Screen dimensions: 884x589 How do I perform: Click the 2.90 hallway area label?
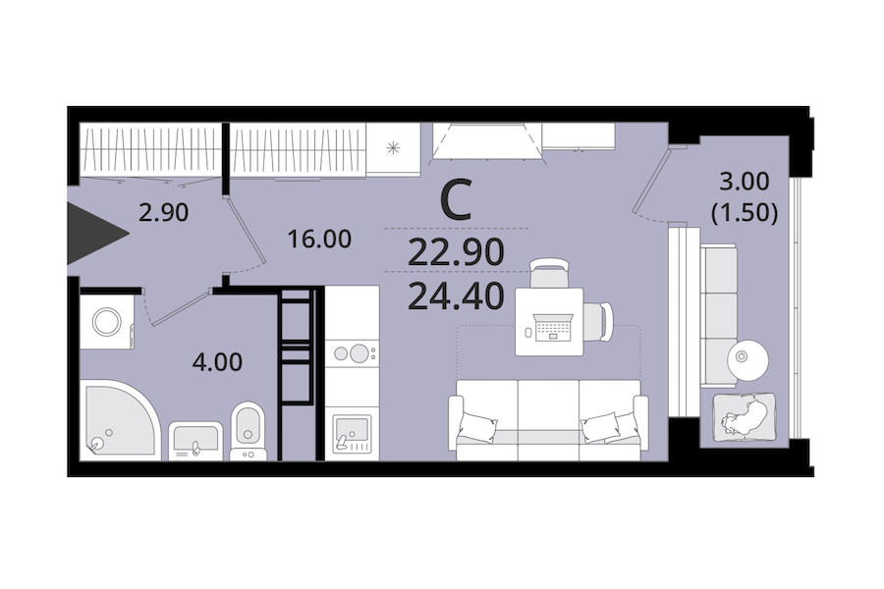tap(163, 213)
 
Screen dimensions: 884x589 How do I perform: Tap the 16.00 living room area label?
tap(319, 239)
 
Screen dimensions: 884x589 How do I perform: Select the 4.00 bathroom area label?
tap(217, 362)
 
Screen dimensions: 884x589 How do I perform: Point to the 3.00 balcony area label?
tap(745, 182)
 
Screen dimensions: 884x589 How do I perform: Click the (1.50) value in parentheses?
tap(745, 213)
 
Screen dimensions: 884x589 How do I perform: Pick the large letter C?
tap(456, 200)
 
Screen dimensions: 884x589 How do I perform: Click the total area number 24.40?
tap(456, 296)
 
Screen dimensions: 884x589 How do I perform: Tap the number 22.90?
tap(456, 252)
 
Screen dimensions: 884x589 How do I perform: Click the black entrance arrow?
tap(93, 234)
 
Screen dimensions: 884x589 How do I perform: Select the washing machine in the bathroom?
tap(107, 322)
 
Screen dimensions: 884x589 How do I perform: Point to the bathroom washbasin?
tap(195, 439)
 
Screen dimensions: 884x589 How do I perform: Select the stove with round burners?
tap(352, 353)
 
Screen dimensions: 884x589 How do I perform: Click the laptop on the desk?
tap(553, 328)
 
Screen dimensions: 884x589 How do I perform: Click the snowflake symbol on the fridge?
tap(393, 149)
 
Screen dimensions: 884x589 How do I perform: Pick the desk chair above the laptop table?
tap(549, 273)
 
